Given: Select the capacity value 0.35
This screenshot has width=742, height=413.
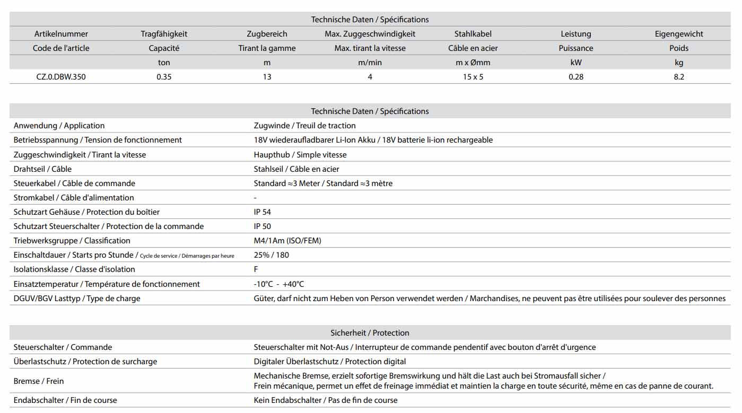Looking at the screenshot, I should tap(164, 77).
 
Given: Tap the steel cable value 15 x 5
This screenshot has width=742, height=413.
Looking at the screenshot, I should tap(473, 77).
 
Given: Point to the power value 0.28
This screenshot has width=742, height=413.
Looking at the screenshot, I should tap(575, 77).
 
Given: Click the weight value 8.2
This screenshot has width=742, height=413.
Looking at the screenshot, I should tap(678, 77).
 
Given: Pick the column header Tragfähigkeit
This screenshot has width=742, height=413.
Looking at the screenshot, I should tap(164, 34).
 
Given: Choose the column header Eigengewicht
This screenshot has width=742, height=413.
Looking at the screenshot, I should tap(678, 34).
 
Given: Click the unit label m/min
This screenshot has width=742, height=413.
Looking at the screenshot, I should tap(370, 63).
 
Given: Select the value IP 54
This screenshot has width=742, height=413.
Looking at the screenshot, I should tap(263, 212).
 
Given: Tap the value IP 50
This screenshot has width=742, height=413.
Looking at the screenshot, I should tap(263, 226).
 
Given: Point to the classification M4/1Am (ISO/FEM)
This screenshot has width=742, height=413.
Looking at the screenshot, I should tap(287, 241).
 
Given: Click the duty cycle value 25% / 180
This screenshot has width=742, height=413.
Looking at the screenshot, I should tap(272, 255).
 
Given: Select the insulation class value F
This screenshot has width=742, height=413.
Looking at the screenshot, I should tap(256, 269).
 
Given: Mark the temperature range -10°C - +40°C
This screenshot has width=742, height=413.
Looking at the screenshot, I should tap(279, 284).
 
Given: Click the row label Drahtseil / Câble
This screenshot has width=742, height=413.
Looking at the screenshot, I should tap(42, 169).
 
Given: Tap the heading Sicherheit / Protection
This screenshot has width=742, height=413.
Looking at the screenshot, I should tap(370, 333).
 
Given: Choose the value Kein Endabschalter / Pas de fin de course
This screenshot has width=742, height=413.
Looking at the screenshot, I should tap(326, 400).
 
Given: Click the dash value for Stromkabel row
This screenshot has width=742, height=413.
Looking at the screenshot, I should tap(256, 198).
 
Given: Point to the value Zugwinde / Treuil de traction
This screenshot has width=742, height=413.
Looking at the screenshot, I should tap(304, 126).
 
